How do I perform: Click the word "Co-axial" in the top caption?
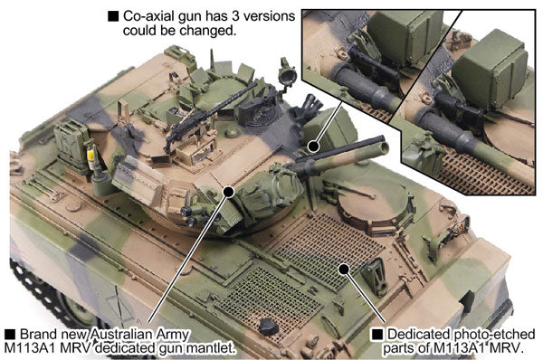tap(148, 16)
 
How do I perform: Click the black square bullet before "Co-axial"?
tap(113, 16)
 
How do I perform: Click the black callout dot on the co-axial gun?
tap(312, 144)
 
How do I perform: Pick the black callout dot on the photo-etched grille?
tap(343, 268)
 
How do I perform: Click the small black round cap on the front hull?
tap(267, 326)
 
